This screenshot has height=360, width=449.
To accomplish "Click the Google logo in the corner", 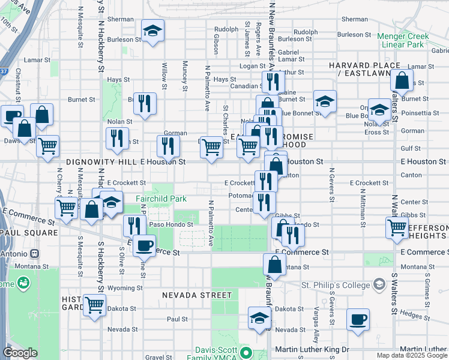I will tap(20, 353).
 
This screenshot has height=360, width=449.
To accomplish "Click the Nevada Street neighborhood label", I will tap(196, 295).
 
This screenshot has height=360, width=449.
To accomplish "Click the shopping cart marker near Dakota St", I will tap(94, 305).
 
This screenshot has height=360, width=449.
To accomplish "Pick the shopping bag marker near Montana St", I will tap(274, 265).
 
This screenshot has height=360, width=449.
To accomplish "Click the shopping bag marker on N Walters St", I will tap(402, 81).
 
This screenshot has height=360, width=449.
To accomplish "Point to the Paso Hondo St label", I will tap(172, 224).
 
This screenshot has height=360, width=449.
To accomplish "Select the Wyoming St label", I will tap(125, 288).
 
